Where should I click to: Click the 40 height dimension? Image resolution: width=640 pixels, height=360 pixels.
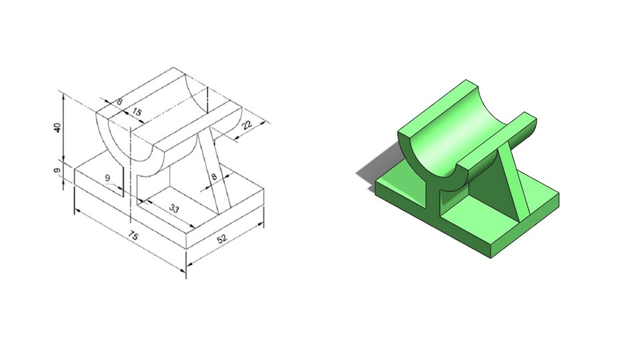[58, 127]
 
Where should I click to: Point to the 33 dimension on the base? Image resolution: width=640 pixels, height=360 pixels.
[174, 209]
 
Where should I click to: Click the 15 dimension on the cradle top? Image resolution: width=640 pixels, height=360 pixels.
[137, 113]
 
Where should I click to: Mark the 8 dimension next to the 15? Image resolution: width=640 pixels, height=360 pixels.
[119, 102]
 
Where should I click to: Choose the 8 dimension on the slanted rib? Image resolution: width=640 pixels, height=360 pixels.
[214, 177]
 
